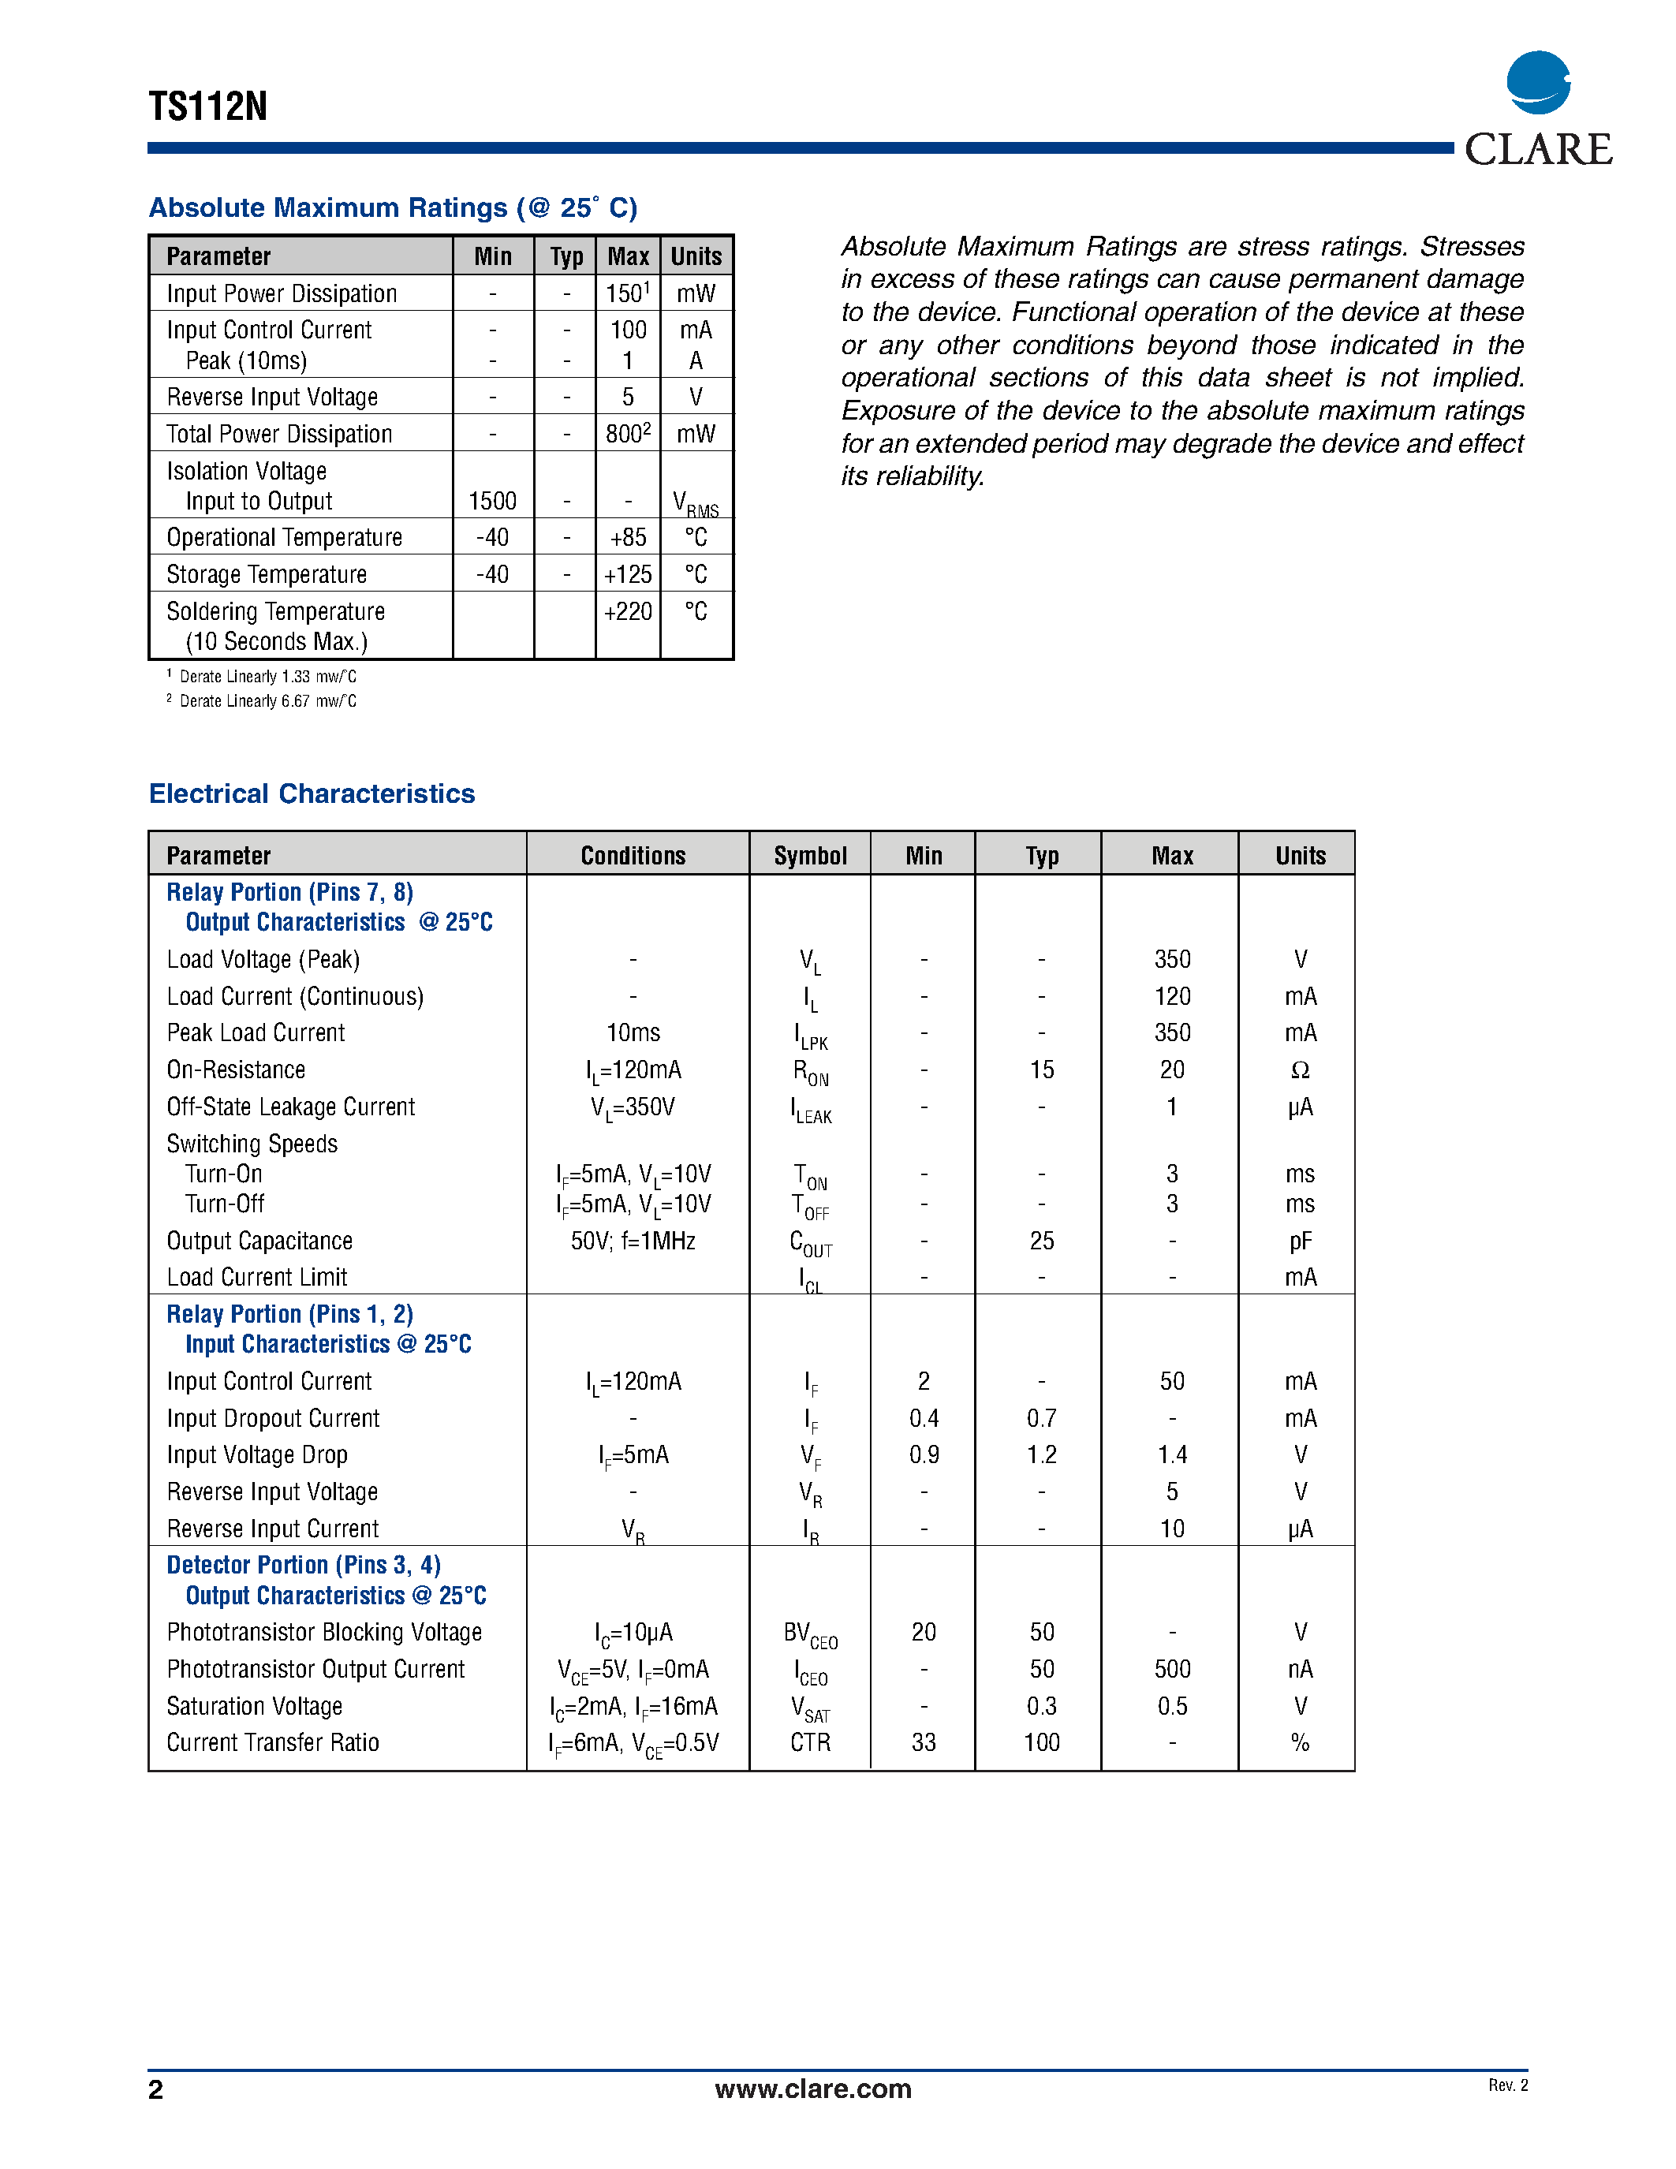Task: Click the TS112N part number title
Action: pyautogui.click(x=207, y=106)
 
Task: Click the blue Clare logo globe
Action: pyautogui.click(x=1538, y=83)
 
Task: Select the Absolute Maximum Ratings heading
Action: pyautogui.click(x=392, y=207)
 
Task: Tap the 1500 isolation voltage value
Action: pyautogui.click(x=492, y=502)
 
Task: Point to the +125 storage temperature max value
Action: pyautogui.click(x=628, y=575)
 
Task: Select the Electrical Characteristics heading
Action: pyautogui.click(x=312, y=793)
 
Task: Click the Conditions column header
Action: pyautogui.click(x=633, y=856)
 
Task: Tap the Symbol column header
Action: pyautogui.click(x=810, y=856)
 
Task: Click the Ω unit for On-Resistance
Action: pyautogui.click(x=1300, y=1070)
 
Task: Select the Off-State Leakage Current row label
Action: pyautogui.click(x=291, y=1107)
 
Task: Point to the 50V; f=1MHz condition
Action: pyautogui.click(x=633, y=1241)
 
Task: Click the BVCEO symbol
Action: pyautogui.click(x=810, y=1633)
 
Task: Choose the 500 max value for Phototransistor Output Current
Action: pyautogui.click(x=1171, y=1670)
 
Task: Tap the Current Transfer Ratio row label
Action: pyautogui.click(x=273, y=1743)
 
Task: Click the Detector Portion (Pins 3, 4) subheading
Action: pyautogui.click(x=304, y=1565)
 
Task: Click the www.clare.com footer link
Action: pyautogui.click(x=812, y=2089)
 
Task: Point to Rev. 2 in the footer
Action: pyautogui.click(x=1507, y=2085)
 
